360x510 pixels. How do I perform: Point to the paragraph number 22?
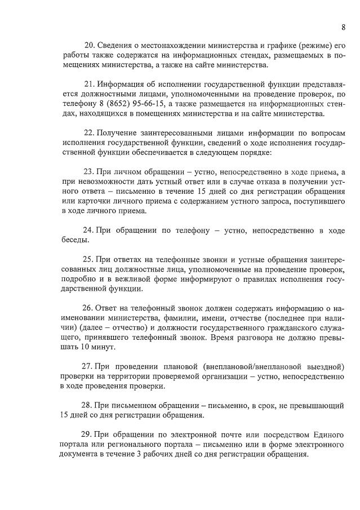[89, 133]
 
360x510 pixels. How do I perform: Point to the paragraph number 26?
[89, 309]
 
